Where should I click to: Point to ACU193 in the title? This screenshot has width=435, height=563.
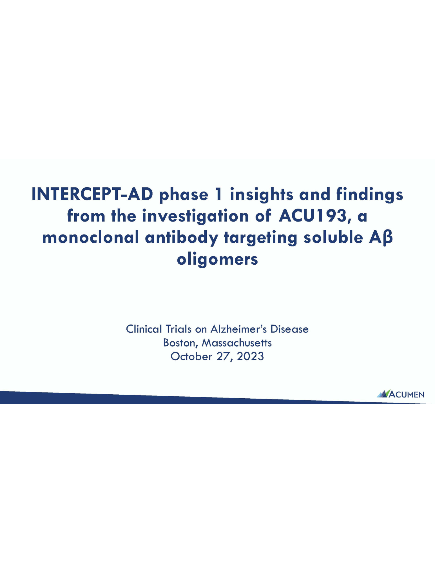tap(313, 216)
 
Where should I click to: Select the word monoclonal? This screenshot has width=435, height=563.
tap(91, 237)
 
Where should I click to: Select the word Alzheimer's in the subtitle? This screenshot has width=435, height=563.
tap(239, 329)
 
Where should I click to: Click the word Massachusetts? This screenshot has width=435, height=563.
tap(237, 343)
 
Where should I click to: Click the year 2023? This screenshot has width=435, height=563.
tap(250, 357)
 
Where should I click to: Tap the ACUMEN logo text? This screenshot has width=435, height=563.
tap(407, 395)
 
